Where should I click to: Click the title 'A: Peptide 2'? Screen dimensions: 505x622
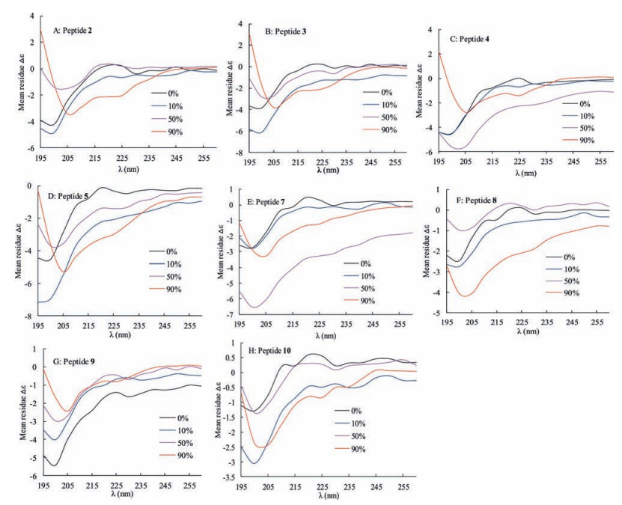click(73, 31)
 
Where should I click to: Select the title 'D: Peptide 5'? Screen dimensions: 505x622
click(69, 197)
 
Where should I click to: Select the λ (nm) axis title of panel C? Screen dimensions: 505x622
click(527, 173)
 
